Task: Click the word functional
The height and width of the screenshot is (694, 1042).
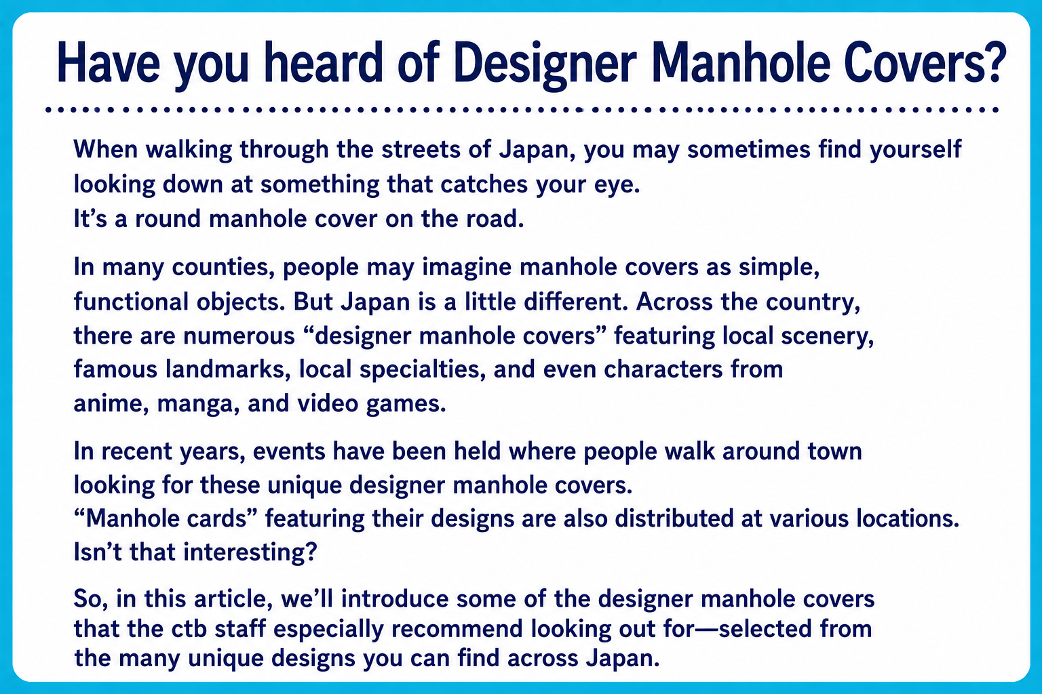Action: pos(132,301)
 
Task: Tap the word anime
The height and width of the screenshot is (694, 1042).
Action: pos(111,404)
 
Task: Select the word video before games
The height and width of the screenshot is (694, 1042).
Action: pos(328,403)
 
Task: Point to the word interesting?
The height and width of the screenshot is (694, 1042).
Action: pos(250,553)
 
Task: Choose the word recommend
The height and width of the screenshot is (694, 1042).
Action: pos(458,629)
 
